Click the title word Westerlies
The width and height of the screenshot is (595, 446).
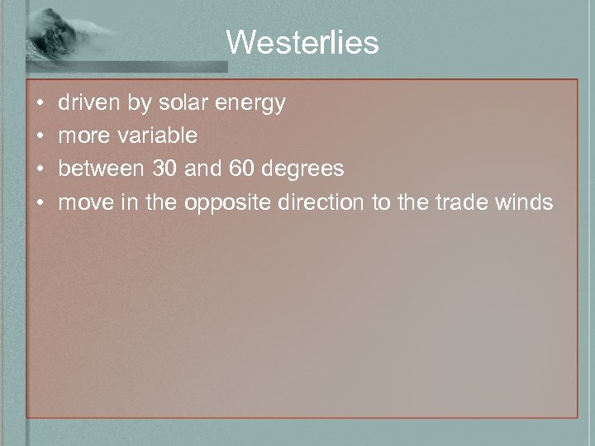tap(302, 42)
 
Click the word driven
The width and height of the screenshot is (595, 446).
tap(88, 103)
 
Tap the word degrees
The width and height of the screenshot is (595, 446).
tap(314, 170)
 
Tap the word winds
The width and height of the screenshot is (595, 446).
tap(523, 202)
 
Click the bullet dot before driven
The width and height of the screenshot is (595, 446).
tap(41, 104)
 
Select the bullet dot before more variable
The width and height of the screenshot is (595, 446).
tap(41, 136)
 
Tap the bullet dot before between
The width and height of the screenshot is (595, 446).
tap(41, 169)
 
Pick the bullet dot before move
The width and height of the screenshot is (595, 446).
tap(41, 202)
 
